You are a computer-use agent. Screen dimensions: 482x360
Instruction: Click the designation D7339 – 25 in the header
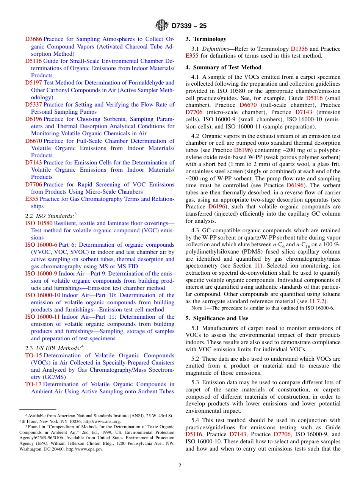[189, 26]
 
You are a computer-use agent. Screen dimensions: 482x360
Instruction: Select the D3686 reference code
[33, 39]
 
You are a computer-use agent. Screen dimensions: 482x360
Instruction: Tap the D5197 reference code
[33, 83]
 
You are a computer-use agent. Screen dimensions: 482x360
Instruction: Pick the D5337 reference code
[33, 105]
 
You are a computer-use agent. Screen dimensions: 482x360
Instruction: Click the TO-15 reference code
[34, 355]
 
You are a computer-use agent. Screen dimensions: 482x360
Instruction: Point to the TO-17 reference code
[34, 384]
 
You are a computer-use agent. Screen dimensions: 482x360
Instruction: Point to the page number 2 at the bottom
[180, 466]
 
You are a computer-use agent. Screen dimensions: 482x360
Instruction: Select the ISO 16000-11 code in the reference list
[42, 317]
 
